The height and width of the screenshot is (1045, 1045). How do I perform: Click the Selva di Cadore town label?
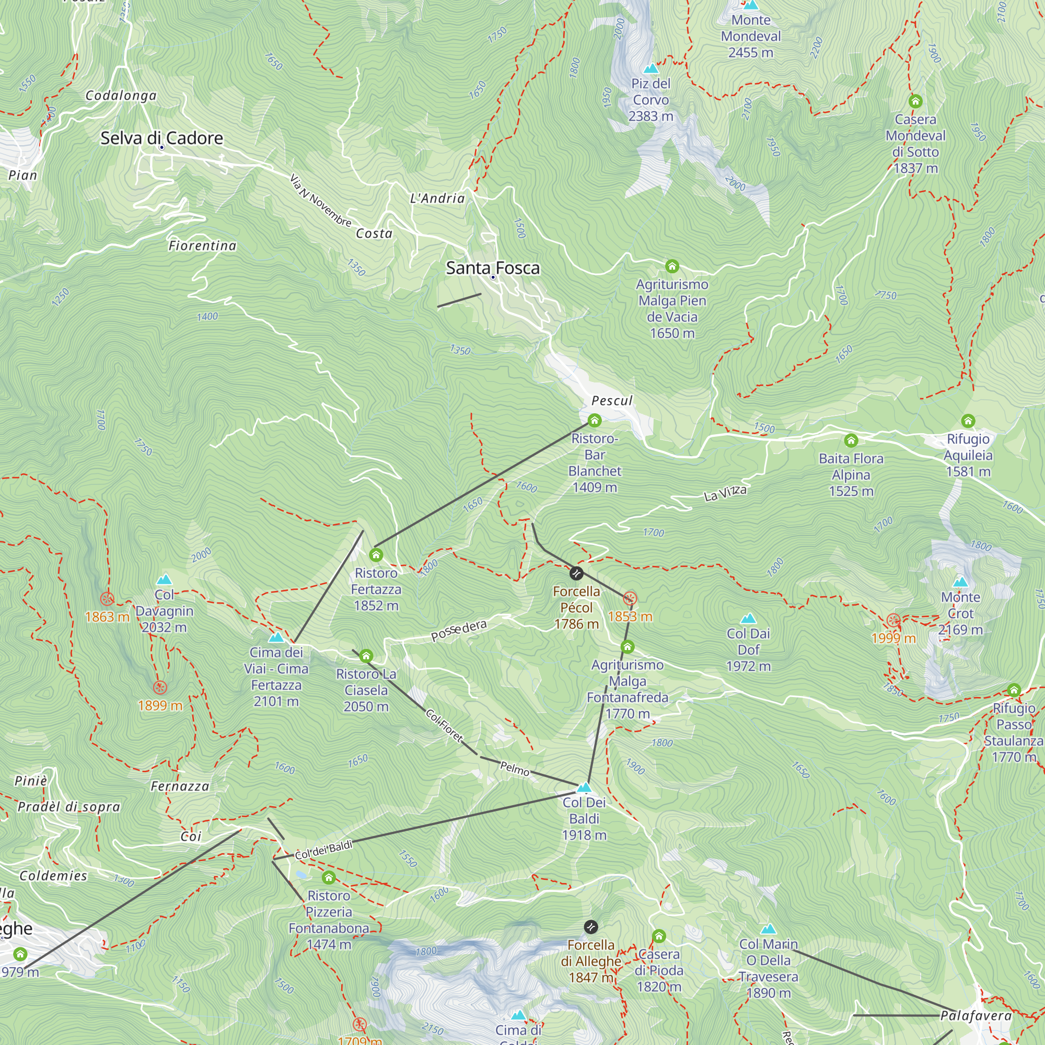162,138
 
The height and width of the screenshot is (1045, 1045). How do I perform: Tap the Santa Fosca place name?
492,268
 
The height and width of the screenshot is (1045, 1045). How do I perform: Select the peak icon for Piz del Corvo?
651,68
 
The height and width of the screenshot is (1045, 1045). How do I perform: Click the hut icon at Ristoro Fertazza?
376,554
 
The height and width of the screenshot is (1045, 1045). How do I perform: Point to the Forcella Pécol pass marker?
577,573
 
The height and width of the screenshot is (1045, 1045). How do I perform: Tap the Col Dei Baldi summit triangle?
584,787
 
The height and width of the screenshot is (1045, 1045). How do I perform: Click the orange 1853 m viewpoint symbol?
630,598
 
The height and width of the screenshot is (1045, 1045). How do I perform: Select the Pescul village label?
612,401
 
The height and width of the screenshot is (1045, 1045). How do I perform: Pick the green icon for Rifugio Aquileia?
968,421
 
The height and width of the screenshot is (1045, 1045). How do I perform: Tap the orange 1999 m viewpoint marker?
893,620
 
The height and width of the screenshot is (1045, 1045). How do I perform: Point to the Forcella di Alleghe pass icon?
591,927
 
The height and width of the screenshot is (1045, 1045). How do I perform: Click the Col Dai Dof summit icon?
748,618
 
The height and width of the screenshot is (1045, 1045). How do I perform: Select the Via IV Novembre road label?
320,200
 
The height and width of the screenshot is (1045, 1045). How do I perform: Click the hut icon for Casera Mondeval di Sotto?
915,101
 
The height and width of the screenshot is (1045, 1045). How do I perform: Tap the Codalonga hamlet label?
121,96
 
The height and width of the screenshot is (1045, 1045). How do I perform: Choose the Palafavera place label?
976,1016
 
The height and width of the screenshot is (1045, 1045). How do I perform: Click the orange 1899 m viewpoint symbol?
159,688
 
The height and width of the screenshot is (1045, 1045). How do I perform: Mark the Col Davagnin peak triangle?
164,580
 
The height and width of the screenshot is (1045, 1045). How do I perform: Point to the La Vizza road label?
725,493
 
